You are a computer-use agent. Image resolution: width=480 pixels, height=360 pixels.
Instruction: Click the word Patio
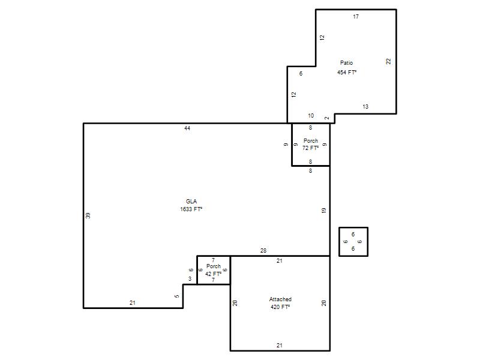pos(347,63)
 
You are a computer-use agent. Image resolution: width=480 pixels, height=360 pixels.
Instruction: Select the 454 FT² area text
pos(347,72)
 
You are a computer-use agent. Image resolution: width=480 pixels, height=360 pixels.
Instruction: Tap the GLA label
pos(191,202)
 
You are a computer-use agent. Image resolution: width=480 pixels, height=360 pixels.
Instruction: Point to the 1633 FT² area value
pos(191,209)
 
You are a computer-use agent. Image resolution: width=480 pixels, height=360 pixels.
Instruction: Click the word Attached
pos(280,299)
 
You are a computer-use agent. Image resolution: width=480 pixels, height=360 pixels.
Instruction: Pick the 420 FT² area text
pos(280,307)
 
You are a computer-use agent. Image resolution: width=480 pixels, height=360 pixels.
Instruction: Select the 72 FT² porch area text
pos(310,148)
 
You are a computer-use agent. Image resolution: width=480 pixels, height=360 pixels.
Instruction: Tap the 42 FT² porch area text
pos(214,274)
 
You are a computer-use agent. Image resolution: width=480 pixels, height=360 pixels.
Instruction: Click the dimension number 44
pos(187,128)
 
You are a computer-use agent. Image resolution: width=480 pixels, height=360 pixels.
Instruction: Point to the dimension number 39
pos(88,215)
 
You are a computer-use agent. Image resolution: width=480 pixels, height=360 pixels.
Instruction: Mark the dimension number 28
pos(263,251)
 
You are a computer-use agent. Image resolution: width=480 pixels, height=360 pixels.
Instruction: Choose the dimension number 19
pos(324,211)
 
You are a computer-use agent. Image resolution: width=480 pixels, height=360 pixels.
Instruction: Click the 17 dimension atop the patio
pos(356,17)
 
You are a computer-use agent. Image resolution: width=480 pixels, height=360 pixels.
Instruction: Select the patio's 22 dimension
pos(388,61)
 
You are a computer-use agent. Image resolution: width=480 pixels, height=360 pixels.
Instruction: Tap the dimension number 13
pos(365,107)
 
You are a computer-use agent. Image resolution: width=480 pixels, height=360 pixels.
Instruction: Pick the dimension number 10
pos(311,116)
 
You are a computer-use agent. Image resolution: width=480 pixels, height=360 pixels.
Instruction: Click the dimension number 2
pos(327,118)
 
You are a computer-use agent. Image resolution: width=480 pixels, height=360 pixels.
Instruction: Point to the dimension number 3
pos(190,279)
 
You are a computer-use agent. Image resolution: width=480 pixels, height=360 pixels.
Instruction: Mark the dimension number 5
pos(177,296)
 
